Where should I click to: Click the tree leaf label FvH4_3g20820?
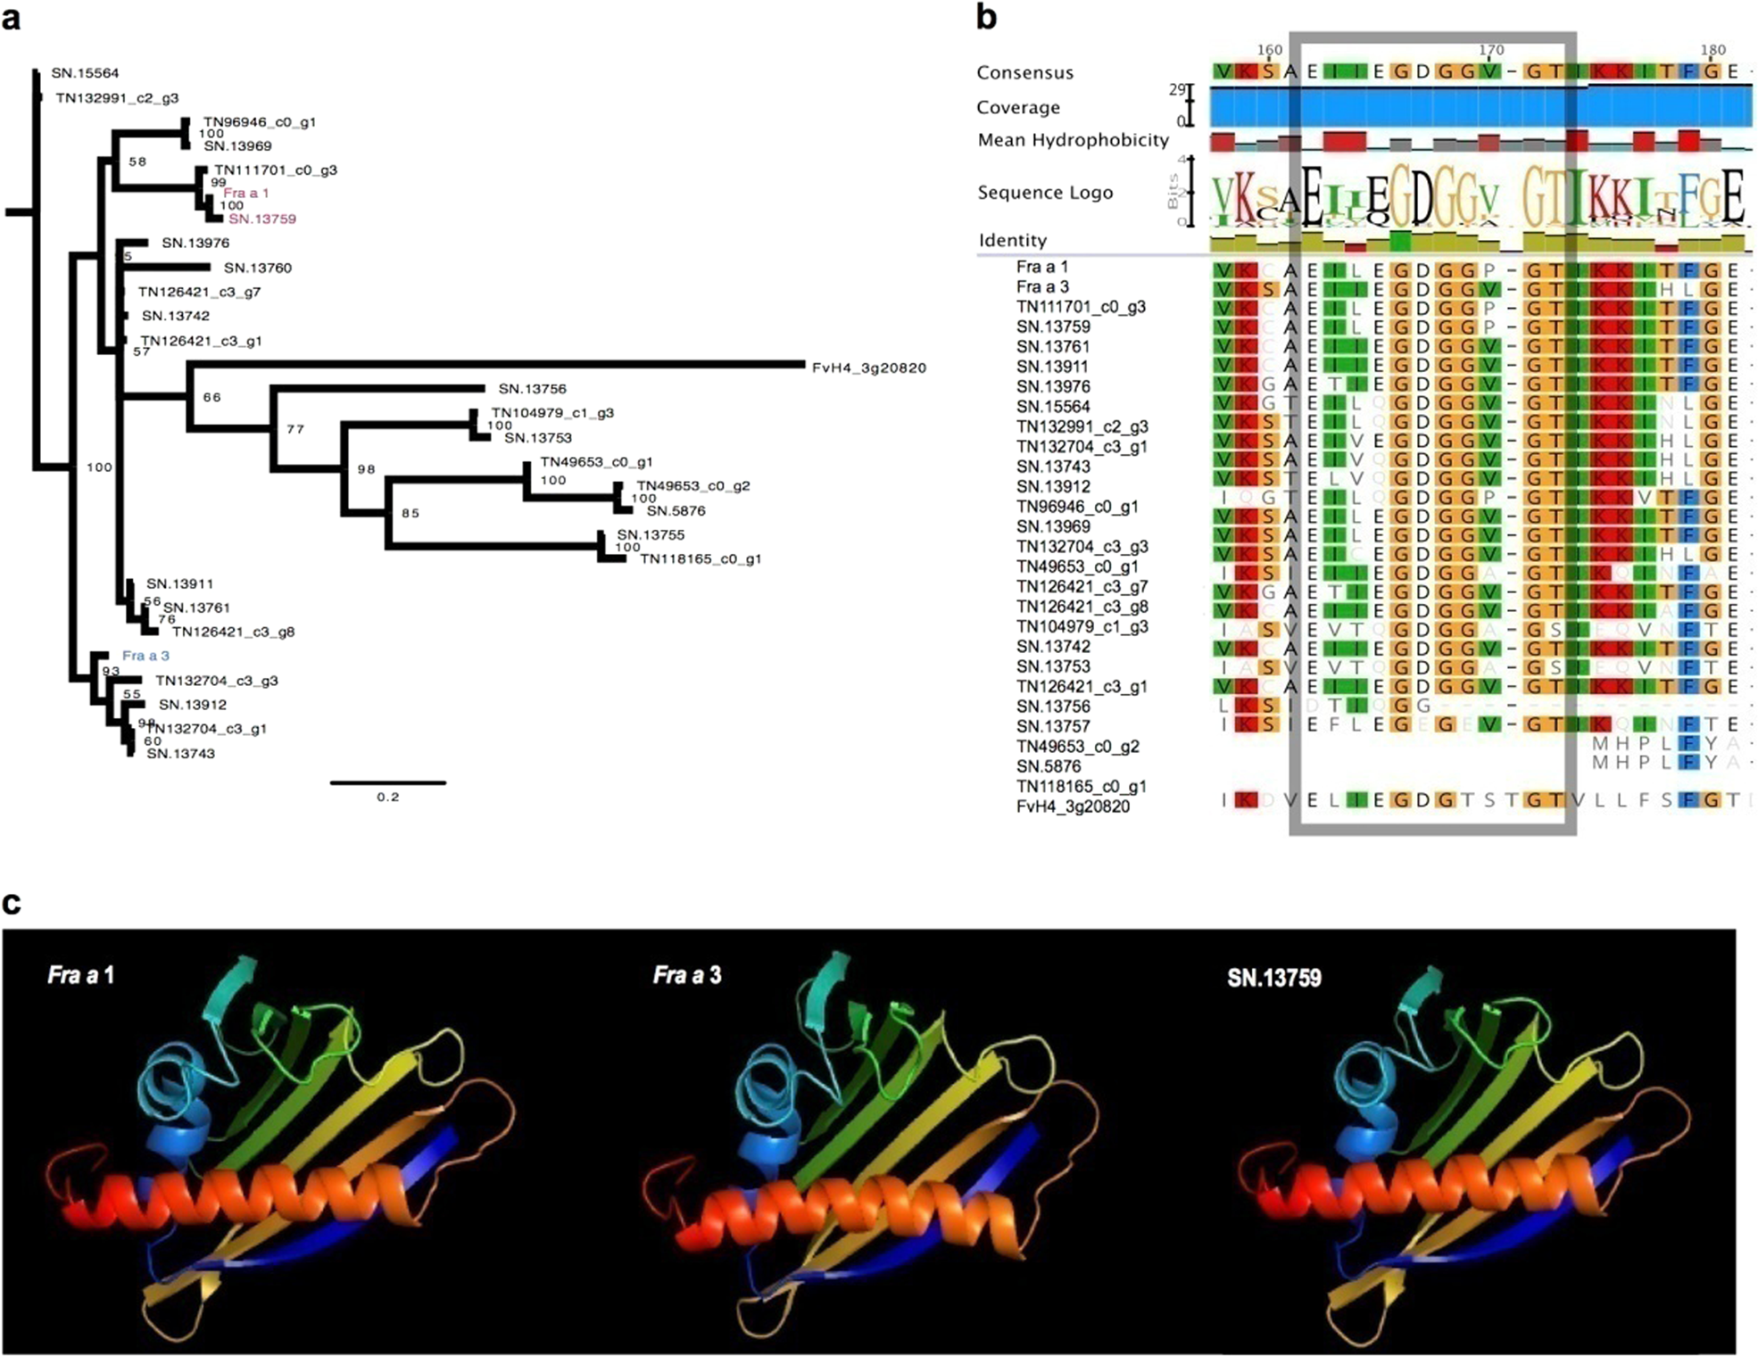tap(868, 368)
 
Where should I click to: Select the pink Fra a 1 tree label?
tap(245, 193)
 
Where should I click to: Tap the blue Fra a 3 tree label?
tap(145, 656)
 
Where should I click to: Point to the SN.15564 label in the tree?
tap(85, 73)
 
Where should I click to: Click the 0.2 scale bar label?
tap(387, 798)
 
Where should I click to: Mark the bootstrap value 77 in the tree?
tap(295, 429)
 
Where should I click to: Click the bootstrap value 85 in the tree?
tap(410, 513)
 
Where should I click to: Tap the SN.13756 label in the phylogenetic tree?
tap(532, 389)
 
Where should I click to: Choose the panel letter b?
tap(986, 18)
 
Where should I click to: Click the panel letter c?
tap(12, 902)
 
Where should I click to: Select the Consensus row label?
tap(1024, 72)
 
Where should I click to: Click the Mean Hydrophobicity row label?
tap(1073, 140)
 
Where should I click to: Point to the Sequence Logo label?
tap(1045, 193)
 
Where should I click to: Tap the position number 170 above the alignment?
tap(1490, 50)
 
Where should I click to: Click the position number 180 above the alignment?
tap(1712, 50)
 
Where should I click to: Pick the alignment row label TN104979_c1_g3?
tap(1082, 626)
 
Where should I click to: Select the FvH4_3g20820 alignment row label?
tap(1073, 806)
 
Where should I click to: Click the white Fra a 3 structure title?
tap(686, 975)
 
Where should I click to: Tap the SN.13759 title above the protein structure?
tap(1273, 978)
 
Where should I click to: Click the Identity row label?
tap(1012, 240)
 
